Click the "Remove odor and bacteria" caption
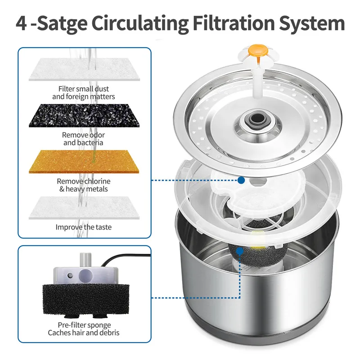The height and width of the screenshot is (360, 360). tap(84, 139)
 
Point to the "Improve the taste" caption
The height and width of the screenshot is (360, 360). tap(84, 227)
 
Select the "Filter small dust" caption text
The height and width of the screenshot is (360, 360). tap(84, 89)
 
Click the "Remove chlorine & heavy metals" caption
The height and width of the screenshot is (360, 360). tap(84, 185)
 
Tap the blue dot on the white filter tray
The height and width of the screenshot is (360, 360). tap(242, 180)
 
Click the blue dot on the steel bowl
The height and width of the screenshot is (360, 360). tap(243, 297)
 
